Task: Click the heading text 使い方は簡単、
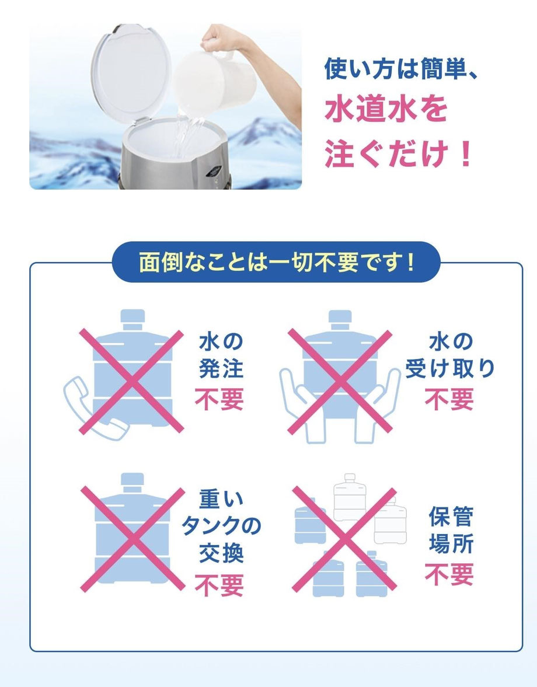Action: [x=400, y=69]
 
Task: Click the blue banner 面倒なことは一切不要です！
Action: [x=276, y=262]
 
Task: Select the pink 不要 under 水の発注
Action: [x=219, y=399]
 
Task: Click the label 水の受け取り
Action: [x=450, y=355]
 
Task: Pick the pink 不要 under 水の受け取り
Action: [x=449, y=399]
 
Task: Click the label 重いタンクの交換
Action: [x=221, y=526]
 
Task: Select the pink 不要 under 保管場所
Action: [x=449, y=574]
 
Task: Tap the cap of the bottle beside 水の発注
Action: [x=132, y=319]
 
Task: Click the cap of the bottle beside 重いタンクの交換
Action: [x=132, y=482]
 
